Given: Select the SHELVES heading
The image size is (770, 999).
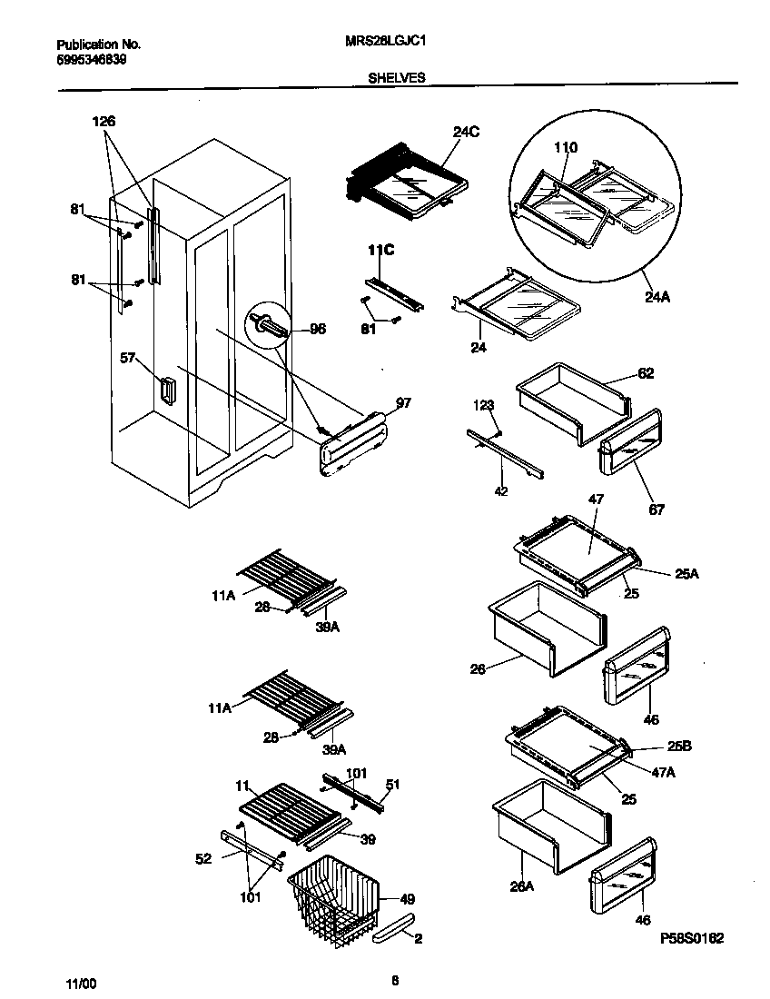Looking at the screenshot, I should [x=396, y=78].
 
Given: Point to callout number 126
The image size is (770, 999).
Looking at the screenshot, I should [x=104, y=122].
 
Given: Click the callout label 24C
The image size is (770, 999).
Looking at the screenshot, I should [x=466, y=133].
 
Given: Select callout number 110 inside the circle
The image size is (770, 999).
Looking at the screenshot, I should [x=565, y=147].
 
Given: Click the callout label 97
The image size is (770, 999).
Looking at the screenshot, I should [x=403, y=402].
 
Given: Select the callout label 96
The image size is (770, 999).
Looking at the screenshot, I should [x=318, y=330].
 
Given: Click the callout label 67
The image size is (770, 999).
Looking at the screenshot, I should [x=656, y=509].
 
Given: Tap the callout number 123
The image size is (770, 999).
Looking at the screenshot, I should [x=482, y=405].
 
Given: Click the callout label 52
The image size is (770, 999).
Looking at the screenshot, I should [x=203, y=857].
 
